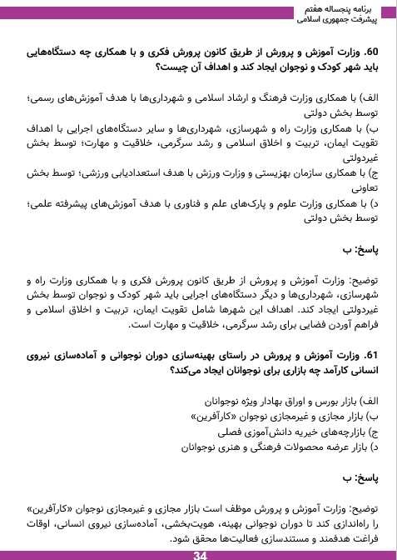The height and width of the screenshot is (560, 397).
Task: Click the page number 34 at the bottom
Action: pos(199,553)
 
